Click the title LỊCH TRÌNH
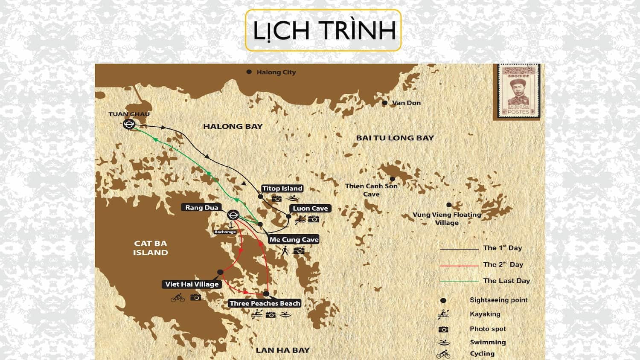pyautogui.click(x=323, y=30)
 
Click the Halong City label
pyautogui.click(x=276, y=72)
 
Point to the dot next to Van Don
pyautogui.click(x=385, y=103)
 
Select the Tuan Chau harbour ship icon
pyautogui.click(x=129, y=125)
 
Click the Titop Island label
pyautogui.click(x=282, y=189)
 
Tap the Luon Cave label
pyautogui.click(x=310, y=208)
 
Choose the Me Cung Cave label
pyautogui.click(x=294, y=240)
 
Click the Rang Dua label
pyautogui.click(x=202, y=208)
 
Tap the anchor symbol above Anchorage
pyautogui.click(x=231, y=225)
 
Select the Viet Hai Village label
pyautogui.click(x=192, y=284)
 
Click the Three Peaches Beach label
pyautogui.click(x=265, y=303)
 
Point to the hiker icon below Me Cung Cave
pyautogui.click(x=285, y=251)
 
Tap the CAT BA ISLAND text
pyautogui.click(x=150, y=248)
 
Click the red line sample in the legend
pyautogui.click(x=459, y=265)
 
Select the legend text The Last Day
pyautogui.click(x=506, y=281)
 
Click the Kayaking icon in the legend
pyautogui.click(x=443, y=315)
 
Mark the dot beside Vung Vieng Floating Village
pyautogui.click(x=449, y=205)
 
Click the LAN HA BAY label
pyautogui.click(x=282, y=350)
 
